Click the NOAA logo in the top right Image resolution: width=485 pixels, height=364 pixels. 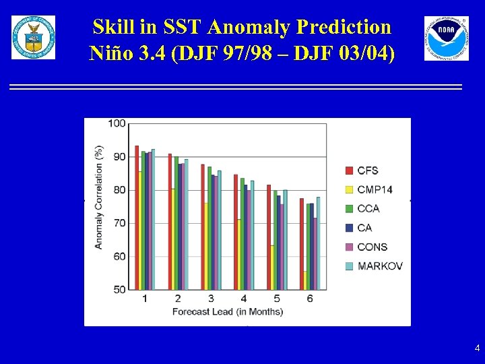[x=446, y=38]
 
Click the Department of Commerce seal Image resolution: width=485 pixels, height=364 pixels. [x=34, y=38]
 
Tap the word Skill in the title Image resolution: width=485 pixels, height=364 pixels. [x=114, y=27]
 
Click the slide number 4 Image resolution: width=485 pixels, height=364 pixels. [x=477, y=348]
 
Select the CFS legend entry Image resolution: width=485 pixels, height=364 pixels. [x=368, y=170]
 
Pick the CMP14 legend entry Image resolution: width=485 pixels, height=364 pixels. [x=374, y=189]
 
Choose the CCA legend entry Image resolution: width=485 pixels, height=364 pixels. [x=368, y=208]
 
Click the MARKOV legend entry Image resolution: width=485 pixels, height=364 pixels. [x=379, y=266]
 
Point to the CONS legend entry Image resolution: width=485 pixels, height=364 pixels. [x=372, y=247]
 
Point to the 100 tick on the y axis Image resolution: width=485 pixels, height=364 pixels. [x=117, y=123]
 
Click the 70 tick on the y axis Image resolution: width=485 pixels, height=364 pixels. [x=119, y=223]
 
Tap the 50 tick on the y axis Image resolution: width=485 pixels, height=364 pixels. [x=119, y=289]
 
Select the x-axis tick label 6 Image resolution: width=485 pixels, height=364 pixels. [x=310, y=299]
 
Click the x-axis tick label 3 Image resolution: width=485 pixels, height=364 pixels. [x=211, y=299]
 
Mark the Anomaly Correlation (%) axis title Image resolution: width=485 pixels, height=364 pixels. [x=99, y=198]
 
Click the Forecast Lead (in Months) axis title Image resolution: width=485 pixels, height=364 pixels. [x=228, y=311]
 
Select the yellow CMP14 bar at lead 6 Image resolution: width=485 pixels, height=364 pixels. [x=305, y=280]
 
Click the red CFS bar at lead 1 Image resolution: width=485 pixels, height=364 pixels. [x=137, y=218]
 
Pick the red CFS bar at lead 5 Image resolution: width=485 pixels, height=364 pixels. [x=269, y=237]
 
